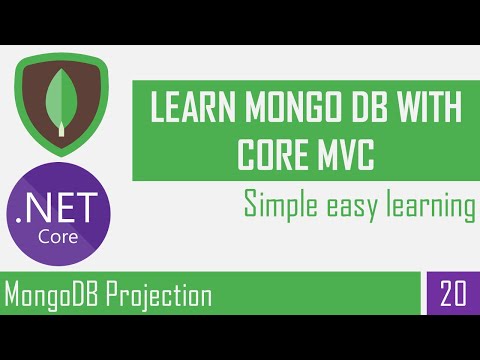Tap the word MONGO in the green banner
pyautogui.click(x=286, y=108)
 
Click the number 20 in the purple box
pyautogui.click(x=453, y=296)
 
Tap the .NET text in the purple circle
pyautogui.click(x=61, y=206)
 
